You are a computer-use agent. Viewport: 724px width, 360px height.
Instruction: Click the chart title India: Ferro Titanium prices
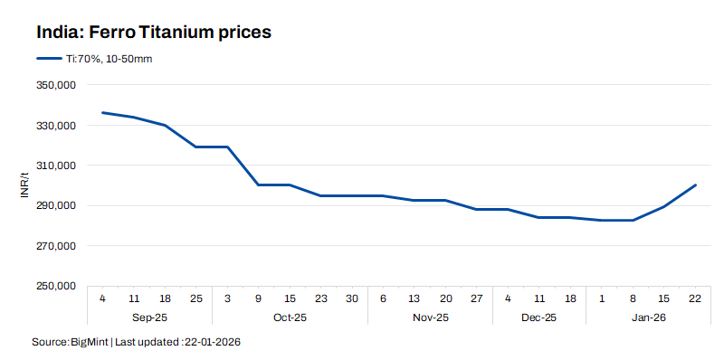click(x=155, y=32)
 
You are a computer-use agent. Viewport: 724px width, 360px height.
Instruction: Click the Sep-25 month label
click(x=149, y=317)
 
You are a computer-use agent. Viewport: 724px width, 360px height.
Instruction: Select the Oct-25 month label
click(x=290, y=317)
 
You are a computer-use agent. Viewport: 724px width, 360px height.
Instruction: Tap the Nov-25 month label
click(x=430, y=317)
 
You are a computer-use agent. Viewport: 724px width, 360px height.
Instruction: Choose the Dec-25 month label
click(x=539, y=317)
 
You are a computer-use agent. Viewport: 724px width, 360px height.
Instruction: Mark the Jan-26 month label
click(x=648, y=317)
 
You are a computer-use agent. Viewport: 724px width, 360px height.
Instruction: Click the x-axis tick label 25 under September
click(x=196, y=298)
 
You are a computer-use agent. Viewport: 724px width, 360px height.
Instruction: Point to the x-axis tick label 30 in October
click(x=352, y=298)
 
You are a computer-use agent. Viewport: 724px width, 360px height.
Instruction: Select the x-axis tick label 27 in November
click(x=477, y=298)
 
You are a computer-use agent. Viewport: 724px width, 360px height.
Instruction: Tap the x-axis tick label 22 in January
click(x=694, y=298)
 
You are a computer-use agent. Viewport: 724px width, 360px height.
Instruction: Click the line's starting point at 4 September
click(x=102, y=112)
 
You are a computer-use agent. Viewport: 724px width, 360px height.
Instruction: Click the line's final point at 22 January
click(x=694, y=185)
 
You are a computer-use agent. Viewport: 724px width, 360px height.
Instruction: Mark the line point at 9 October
click(x=258, y=185)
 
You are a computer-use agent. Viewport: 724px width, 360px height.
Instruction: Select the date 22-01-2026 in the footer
click(x=212, y=343)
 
